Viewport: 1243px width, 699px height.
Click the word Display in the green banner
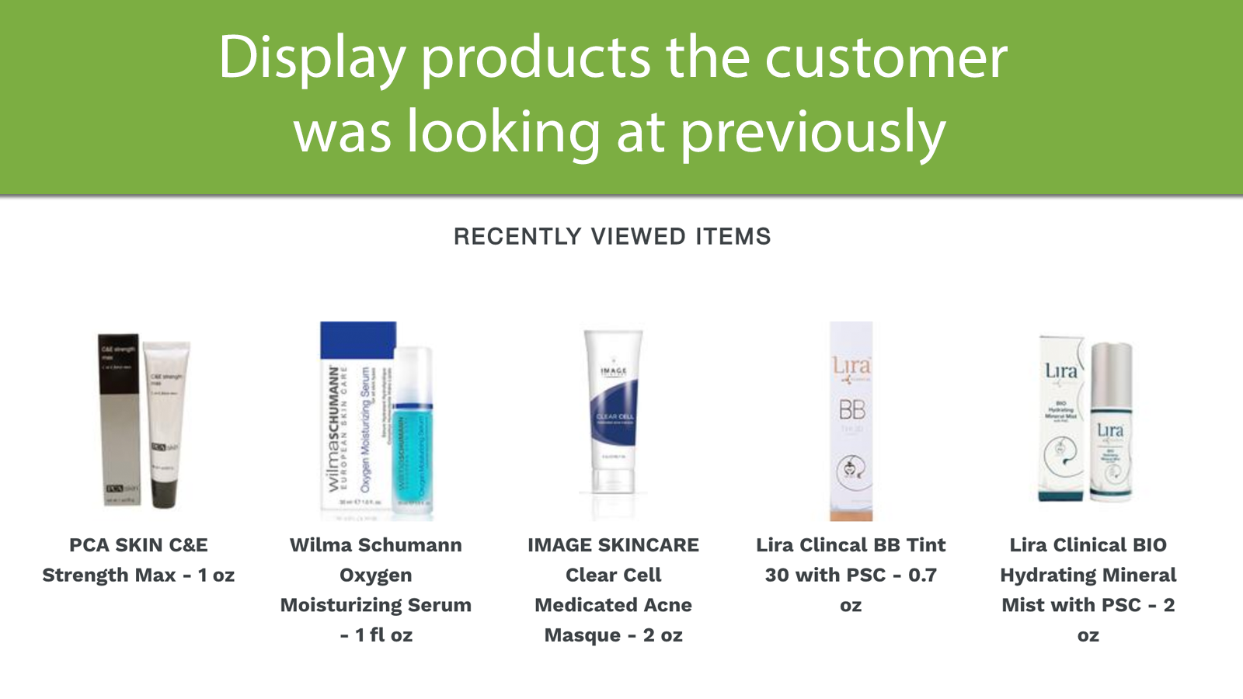coord(312,58)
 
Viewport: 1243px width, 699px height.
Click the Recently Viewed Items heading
coord(612,236)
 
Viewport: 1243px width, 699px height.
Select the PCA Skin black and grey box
coord(119,419)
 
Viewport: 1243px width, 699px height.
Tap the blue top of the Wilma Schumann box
coord(358,340)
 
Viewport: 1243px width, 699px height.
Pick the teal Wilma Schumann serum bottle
coord(413,450)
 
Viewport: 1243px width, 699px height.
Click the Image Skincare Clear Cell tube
coord(614,412)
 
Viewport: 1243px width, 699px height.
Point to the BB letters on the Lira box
coord(851,409)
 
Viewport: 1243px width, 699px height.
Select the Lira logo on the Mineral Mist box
coord(1060,370)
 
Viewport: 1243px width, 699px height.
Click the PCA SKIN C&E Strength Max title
coord(138,559)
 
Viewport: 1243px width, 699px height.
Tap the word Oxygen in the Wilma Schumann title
coord(376,575)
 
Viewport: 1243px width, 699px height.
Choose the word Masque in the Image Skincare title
coord(582,635)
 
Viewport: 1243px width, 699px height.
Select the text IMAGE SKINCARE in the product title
coord(613,545)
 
